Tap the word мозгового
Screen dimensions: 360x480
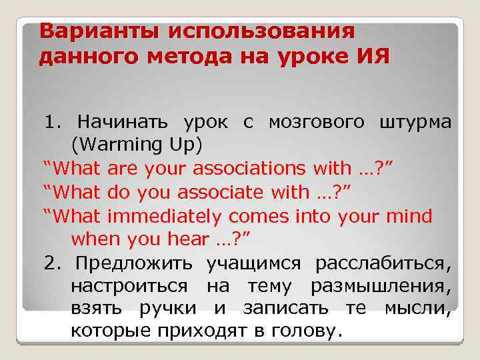click(x=317, y=122)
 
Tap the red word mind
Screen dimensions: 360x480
click(x=413, y=216)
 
